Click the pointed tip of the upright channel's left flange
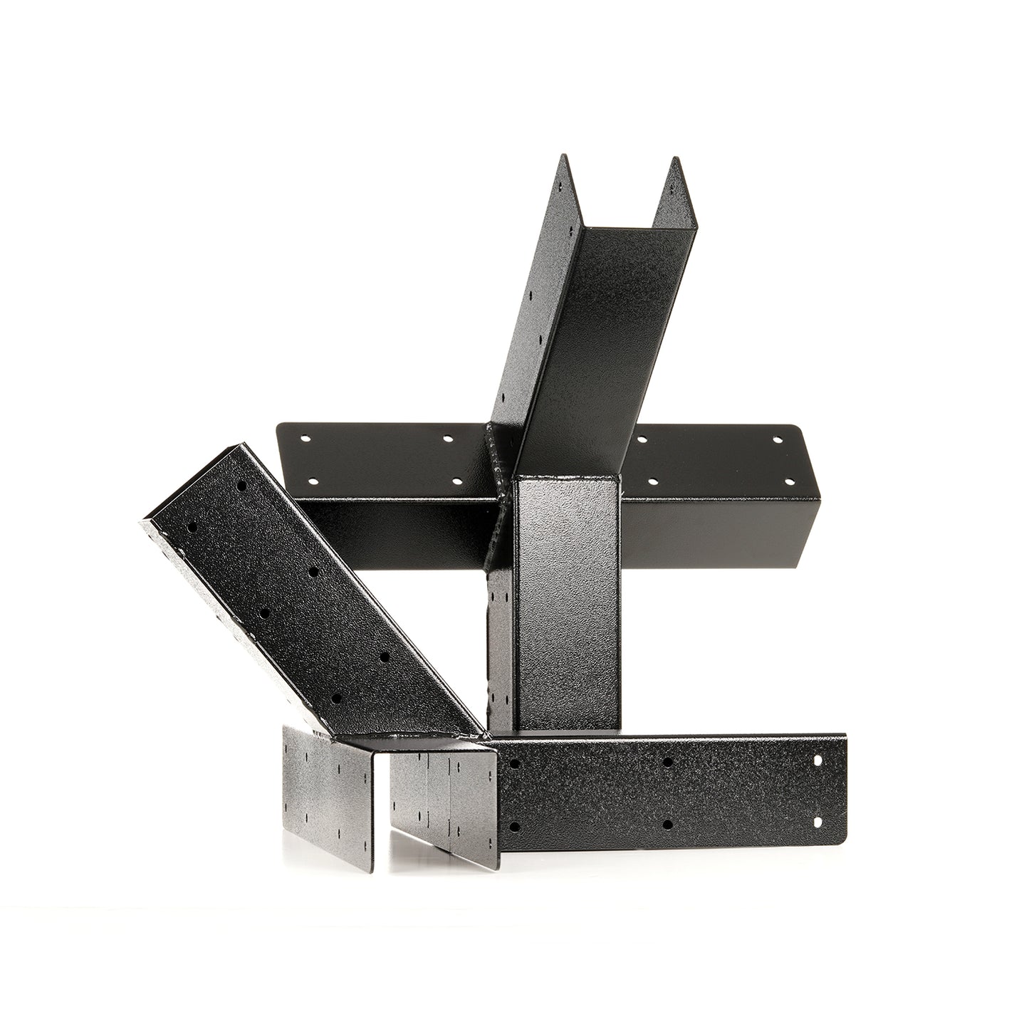point(563,155)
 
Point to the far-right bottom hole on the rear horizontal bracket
point(788,481)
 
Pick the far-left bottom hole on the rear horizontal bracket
point(311,481)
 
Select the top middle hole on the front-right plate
point(667,763)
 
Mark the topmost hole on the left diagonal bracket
point(242,486)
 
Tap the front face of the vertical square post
point(568,605)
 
